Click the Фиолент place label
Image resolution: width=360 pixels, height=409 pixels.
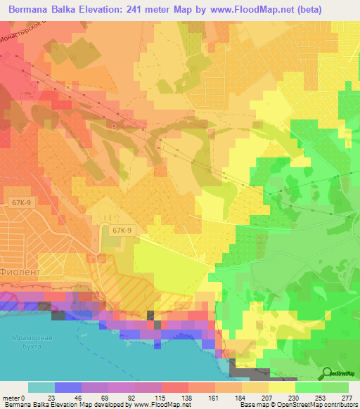click(x=21, y=268)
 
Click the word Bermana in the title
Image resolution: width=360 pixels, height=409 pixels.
click(x=32, y=10)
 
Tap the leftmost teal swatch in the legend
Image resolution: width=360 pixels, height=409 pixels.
click(x=41, y=387)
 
